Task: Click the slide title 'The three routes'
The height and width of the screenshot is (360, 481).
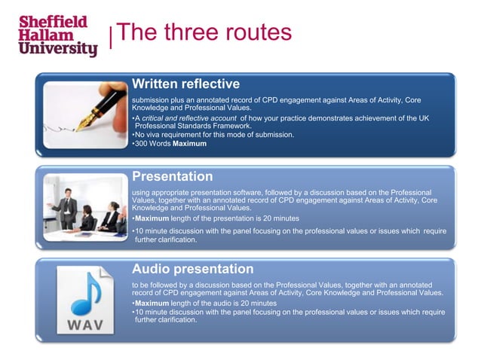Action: tap(204, 33)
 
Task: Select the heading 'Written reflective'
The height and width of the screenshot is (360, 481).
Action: tap(185, 83)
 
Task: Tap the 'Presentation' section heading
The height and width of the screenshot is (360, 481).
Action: tap(172, 176)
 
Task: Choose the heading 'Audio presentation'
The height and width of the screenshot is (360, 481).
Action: tap(192, 269)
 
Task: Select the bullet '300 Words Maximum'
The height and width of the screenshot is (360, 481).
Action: tap(170, 143)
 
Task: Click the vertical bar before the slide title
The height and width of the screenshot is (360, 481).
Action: tap(112, 38)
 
